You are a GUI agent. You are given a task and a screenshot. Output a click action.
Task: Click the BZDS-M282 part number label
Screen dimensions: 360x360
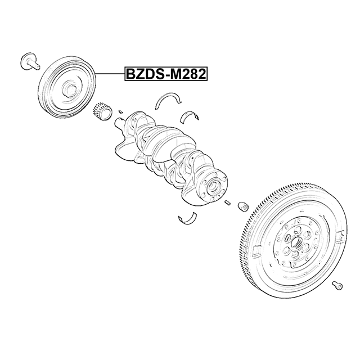click(166, 74)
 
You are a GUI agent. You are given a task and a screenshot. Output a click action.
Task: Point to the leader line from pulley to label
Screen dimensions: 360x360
click(110, 74)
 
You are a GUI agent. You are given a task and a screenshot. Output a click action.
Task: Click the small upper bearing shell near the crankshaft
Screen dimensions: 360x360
click(189, 116)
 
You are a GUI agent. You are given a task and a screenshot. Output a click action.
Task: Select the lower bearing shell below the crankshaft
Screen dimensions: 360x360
click(187, 218)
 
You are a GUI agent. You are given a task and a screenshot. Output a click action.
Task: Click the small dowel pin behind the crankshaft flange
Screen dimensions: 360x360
click(227, 203)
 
